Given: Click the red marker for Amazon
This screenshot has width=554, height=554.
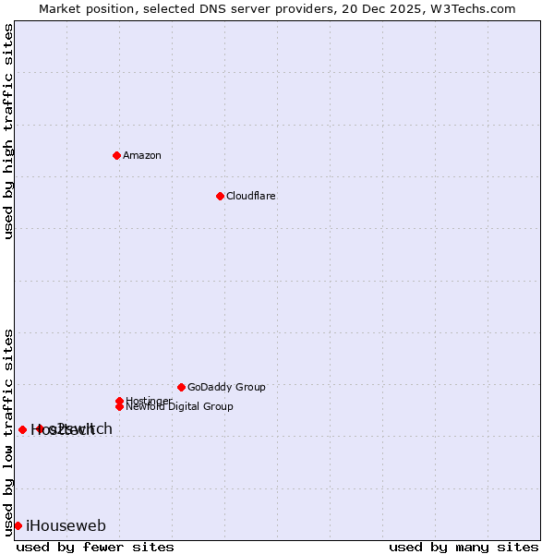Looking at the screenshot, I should click(116, 155).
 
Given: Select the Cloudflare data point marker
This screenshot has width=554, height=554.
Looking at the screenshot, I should click(220, 196).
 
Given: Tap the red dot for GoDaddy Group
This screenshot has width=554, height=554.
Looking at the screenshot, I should click(181, 387).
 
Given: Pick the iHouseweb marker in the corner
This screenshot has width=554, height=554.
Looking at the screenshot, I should click(18, 525).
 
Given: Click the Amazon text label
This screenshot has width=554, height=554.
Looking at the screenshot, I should click(142, 155).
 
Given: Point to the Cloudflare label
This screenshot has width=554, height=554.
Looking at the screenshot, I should click(251, 196).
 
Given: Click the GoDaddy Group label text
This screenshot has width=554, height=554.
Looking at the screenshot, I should click(226, 387).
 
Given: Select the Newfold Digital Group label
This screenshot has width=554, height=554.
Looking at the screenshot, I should click(179, 406).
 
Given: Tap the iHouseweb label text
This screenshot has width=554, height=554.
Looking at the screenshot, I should click(66, 526).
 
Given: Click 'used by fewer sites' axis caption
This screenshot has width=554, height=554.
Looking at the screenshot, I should click(95, 547).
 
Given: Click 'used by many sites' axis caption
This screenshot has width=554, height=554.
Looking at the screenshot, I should click(464, 547).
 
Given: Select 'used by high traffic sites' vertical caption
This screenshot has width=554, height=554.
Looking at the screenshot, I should click(8, 131).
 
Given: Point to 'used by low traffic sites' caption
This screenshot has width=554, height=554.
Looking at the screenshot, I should click(8, 432).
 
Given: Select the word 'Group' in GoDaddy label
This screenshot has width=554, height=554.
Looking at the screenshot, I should click(249, 387).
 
